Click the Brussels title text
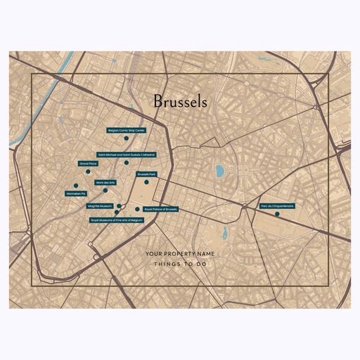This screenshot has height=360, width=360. pos(179,102)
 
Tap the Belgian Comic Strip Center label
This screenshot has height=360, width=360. pos(126,131)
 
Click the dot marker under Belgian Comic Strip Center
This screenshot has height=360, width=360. pos(127,139)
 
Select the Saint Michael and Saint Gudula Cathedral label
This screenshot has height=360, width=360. pos(127,154)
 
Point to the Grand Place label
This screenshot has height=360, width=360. pos(88,163)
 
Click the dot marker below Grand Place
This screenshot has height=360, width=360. pos(88,171)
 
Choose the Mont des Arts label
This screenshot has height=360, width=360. pos(105,182)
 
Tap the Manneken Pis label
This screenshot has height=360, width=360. pos(75,193)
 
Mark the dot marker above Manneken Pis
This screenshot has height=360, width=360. pos(75,186)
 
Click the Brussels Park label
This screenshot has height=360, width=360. pos(146,173)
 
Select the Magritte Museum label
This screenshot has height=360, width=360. pos(99,207)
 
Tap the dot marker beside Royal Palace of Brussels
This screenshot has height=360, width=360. pos(137,209)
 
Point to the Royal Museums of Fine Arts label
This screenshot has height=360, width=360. pos(117,219)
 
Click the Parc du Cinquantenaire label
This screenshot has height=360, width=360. pos(277,206)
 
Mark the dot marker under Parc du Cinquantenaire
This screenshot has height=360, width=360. pos(277,214)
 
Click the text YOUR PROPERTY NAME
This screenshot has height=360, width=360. pos(179,253)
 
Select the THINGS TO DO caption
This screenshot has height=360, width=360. pos(179,264)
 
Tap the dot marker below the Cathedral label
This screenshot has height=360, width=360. pos(127,162)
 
